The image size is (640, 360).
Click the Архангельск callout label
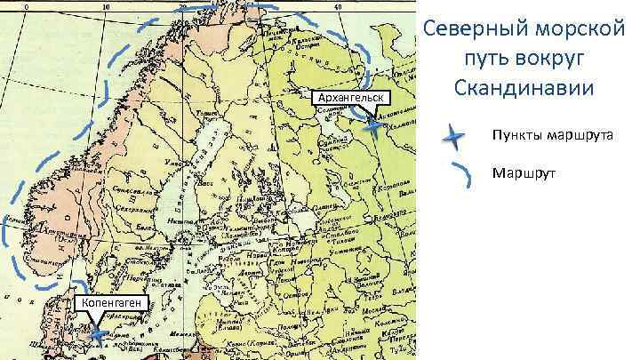tap(347, 96)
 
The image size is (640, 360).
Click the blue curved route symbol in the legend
tap(461, 174)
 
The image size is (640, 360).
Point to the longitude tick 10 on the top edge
tap(105, 5)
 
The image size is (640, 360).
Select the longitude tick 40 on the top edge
tap(339, 5)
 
